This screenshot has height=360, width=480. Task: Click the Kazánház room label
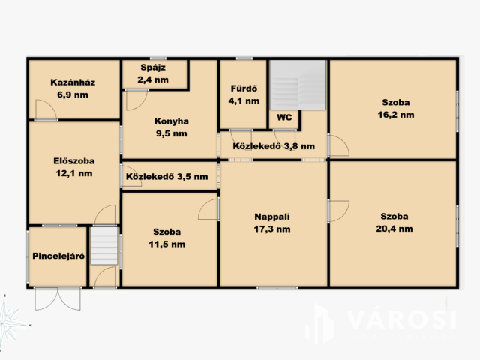coord(73,82)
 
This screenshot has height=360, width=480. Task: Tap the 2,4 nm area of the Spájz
coord(153,79)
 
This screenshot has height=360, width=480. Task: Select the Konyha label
coord(172,121)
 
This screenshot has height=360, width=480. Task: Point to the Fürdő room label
coord(244,88)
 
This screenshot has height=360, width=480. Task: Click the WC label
coord(284,118)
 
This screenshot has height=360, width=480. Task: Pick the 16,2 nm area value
coord(396,115)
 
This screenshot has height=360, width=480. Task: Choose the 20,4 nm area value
coord(394,229)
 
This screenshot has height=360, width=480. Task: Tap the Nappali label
coord(272,217)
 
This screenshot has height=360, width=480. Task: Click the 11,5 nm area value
coord(166,244)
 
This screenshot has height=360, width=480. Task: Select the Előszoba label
coord(74,161)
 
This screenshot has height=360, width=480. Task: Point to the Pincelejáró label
coord(58,256)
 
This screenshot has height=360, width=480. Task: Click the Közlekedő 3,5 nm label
coord(166,177)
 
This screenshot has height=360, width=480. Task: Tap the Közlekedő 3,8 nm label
coord(274,146)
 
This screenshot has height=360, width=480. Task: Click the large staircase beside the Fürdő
coord(298,85)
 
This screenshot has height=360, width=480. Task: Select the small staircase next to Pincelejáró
coord(104,245)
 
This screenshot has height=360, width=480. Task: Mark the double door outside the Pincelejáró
coord(58,298)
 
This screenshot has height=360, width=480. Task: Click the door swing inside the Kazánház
coord(46,109)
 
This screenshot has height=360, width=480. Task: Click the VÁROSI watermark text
coord(402,319)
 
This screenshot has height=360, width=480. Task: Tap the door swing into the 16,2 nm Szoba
coord(338,145)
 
